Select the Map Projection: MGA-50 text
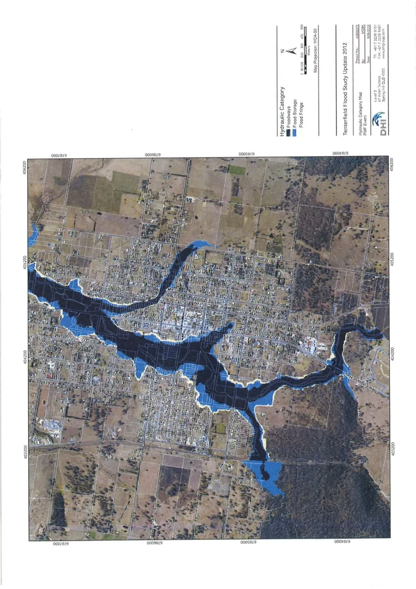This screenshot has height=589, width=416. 315,52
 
